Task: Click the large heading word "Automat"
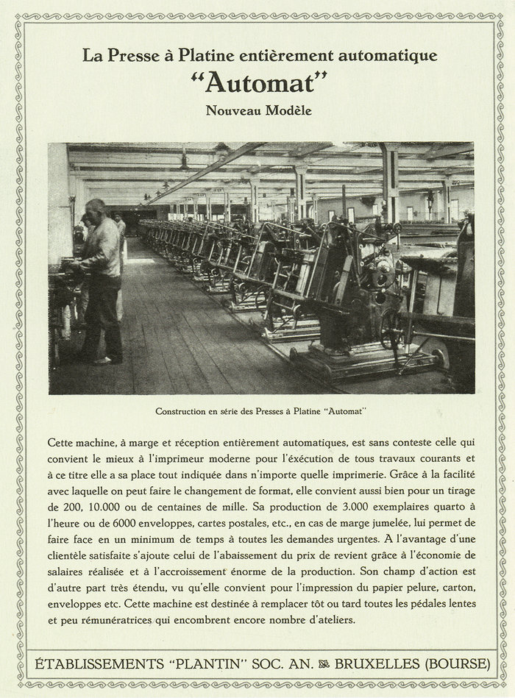[x=257, y=82]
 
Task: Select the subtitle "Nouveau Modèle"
[x=258, y=111]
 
